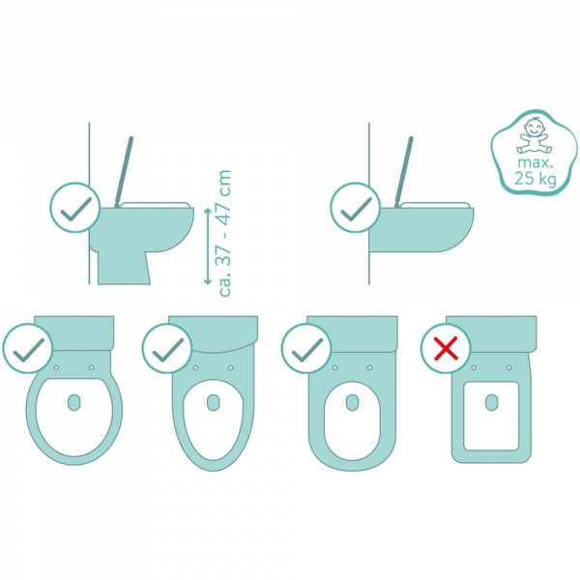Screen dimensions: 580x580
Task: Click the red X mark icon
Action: click(445, 348)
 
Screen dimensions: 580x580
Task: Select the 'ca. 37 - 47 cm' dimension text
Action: click(225, 233)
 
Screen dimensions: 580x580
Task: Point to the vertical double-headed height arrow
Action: click(206, 246)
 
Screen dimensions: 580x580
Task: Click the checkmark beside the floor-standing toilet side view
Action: click(75, 208)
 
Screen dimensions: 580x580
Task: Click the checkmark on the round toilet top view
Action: click(27, 348)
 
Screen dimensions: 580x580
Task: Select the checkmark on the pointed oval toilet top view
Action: click(166, 348)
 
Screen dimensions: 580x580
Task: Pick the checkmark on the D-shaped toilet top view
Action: click(305, 348)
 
